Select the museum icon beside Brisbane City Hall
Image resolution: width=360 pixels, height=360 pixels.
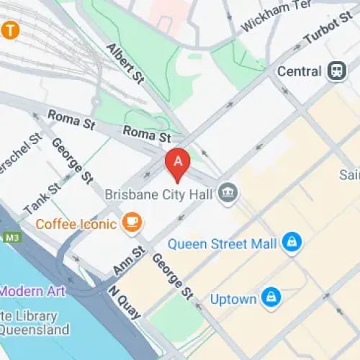(x=228, y=193)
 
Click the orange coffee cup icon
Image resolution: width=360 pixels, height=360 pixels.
(x=131, y=222)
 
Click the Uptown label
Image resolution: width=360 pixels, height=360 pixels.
(x=233, y=297)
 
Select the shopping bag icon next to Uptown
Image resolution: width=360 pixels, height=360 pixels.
(x=271, y=297)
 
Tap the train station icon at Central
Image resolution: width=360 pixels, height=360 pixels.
(x=336, y=71)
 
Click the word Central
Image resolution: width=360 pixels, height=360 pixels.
(x=300, y=71)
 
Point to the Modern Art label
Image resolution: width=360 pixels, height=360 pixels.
(x=33, y=291)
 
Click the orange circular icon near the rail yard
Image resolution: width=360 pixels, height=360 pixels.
(x=9, y=30)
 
